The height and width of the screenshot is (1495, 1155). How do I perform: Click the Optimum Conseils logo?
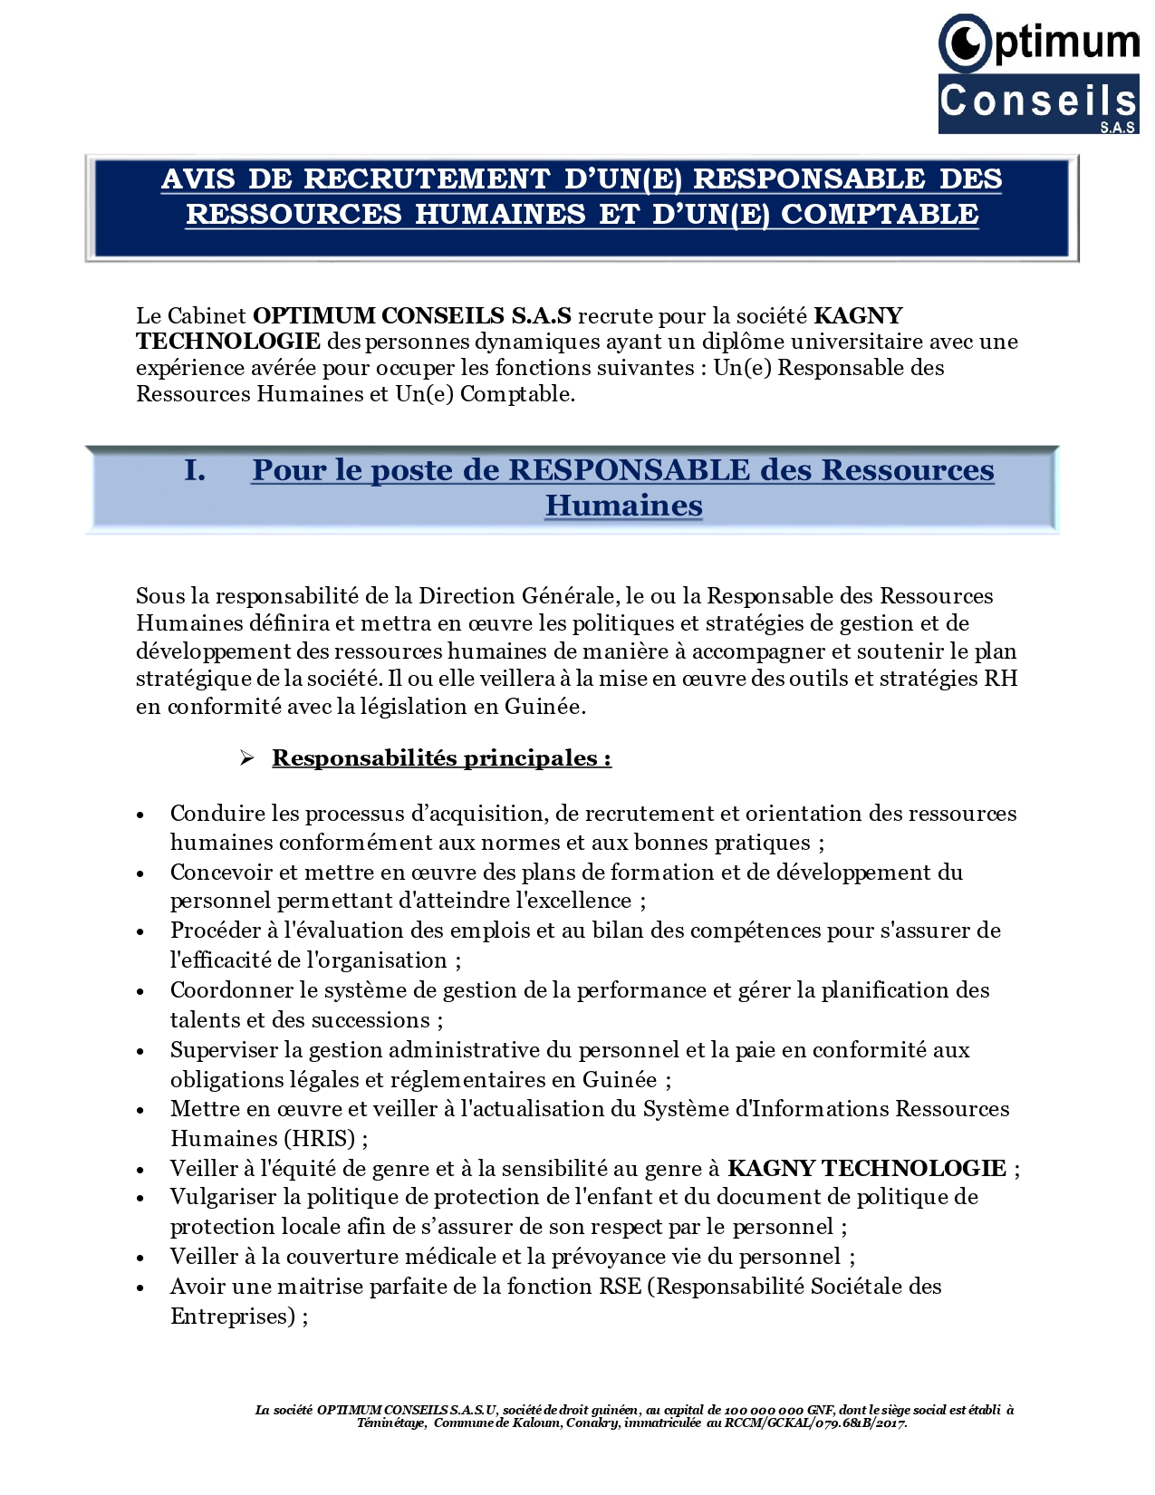tap(1038, 74)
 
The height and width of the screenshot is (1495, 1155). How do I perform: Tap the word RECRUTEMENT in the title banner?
tap(427, 179)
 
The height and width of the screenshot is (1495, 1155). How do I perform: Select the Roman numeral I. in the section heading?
tap(195, 470)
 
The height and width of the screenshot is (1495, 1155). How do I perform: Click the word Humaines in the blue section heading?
tap(623, 506)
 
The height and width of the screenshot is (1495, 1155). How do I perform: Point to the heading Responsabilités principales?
tap(441, 758)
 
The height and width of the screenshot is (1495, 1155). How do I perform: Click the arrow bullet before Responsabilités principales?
tap(246, 758)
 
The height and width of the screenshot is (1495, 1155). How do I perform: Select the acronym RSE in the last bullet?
tap(621, 1287)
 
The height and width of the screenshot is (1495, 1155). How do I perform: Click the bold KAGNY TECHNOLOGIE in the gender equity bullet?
tap(866, 1169)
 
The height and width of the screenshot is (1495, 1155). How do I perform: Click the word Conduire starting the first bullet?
tap(213, 814)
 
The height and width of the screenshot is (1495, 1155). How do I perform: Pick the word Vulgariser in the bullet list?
tap(223, 1197)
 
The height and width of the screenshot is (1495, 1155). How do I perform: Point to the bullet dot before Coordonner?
tap(140, 992)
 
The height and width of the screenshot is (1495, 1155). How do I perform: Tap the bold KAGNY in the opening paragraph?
tap(858, 316)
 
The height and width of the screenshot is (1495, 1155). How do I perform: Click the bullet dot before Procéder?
tap(140, 932)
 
